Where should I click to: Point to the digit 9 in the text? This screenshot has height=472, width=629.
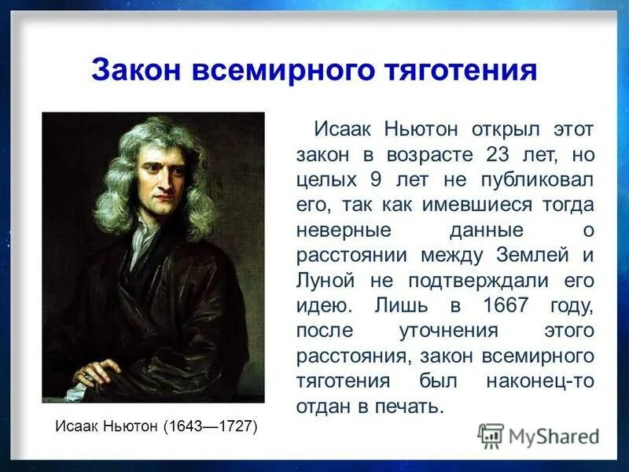(x=376, y=179)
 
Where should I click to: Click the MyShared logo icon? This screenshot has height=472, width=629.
(x=491, y=435)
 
